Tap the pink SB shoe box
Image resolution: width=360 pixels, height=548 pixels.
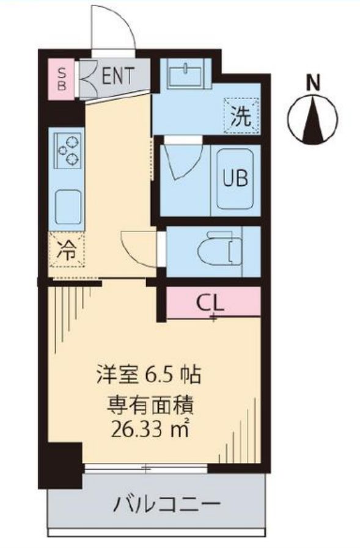pos(62,77)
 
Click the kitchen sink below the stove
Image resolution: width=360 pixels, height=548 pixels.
pos(68,206)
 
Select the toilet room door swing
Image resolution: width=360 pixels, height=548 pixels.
pos(139,246)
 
